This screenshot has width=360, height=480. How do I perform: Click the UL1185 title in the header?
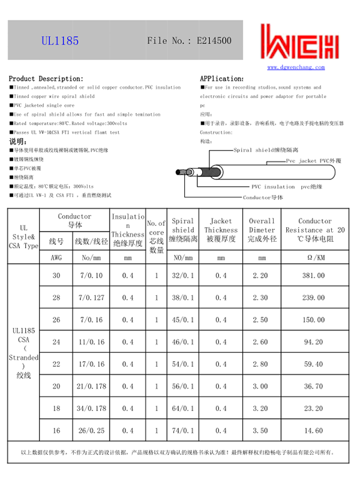click(x=60, y=41)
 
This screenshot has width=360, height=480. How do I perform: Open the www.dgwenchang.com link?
click(x=296, y=68)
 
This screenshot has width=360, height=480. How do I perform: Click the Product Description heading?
click(x=46, y=79)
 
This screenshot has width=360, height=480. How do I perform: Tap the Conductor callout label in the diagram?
click(x=263, y=197)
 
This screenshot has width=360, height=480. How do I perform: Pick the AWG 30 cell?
click(x=56, y=275)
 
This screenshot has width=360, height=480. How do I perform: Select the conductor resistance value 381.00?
click(x=313, y=275)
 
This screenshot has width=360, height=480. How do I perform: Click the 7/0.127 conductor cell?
click(x=91, y=298)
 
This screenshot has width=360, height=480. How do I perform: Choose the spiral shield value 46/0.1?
click(x=183, y=342)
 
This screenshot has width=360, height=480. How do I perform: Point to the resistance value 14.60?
click(x=313, y=431)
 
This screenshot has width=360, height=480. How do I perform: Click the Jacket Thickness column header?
click(x=221, y=230)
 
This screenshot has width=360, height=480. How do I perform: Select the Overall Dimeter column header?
click(x=262, y=230)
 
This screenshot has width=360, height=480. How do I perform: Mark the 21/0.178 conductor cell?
click(x=91, y=386)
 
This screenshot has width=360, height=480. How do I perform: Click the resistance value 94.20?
click(x=313, y=342)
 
